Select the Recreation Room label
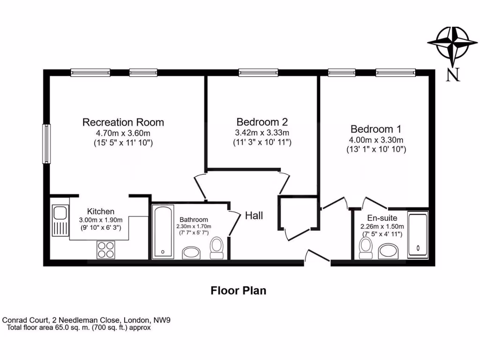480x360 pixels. click(x=123, y=122)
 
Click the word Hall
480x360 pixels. click(x=254, y=216)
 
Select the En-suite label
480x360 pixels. click(x=382, y=218)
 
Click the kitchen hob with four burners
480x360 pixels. click(x=106, y=249)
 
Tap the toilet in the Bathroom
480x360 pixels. click(x=217, y=247)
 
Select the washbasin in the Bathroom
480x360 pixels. click(x=191, y=253)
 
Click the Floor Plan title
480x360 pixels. click(x=238, y=291)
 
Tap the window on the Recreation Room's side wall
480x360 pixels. click(x=46, y=144)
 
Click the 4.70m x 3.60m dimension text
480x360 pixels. click(x=123, y=133)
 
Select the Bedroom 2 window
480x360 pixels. click(x=258, y=72)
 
